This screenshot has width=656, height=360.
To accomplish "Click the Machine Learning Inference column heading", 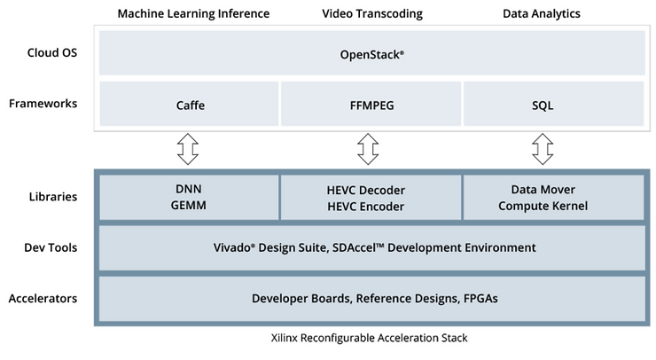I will tap(193, 13).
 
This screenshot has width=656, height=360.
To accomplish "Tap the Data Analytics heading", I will tap(543, 13).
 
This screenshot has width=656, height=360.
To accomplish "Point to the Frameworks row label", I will tap(43, 104).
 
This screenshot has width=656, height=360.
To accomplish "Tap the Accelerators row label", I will tap(43, 299).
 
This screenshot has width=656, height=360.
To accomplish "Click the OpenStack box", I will tap(371, 53).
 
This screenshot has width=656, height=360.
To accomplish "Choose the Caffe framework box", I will tap(190, 105).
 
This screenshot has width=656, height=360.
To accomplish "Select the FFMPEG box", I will tap(371, 105).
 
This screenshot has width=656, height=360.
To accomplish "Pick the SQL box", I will tap(543, 105).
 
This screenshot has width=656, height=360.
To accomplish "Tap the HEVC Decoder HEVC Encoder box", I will tap(371, 197).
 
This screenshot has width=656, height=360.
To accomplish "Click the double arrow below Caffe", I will tap(187, 149).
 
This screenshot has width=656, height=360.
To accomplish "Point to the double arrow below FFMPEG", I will tap(367, 149).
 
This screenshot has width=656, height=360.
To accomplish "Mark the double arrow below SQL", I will tap(543, 149).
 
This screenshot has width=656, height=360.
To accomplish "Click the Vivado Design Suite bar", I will tap(371, 248).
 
